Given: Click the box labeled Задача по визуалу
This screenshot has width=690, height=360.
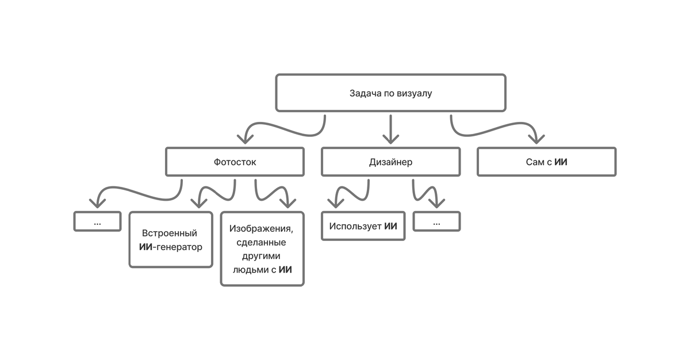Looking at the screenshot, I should click(390, 93).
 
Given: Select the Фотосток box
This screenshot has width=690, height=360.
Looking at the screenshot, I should click(235, 162).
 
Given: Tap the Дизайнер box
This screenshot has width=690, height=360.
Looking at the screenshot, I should click(390, 162).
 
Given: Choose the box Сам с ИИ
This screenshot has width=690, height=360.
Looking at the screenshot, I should click(546, 162).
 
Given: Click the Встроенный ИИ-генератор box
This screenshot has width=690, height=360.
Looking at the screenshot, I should click(171, 240).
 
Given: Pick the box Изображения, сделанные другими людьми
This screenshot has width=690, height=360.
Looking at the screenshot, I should click(262, 248).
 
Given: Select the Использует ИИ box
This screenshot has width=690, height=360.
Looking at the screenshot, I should click(363, 225).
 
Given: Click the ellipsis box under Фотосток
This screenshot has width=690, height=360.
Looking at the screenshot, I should click(97, 221).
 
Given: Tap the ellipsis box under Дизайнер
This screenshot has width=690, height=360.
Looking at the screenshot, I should click(436, 221).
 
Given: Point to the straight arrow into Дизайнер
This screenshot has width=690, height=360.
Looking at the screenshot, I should click(391, 129).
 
